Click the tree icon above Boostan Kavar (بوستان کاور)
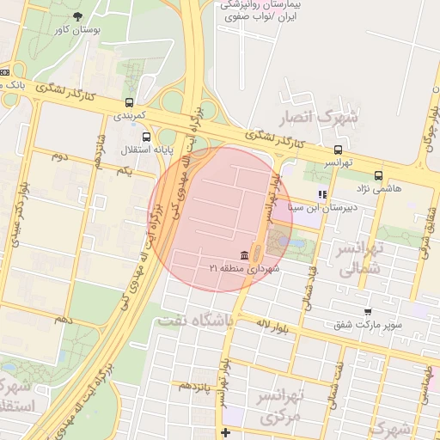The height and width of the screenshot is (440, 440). (78, 15)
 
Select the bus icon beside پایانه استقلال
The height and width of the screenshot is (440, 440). (146, 137)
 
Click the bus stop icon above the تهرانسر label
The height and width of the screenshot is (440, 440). (338, 150)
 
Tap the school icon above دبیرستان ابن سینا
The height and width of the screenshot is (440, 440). (323, 194)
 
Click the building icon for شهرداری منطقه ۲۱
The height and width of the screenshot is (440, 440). (246, 256)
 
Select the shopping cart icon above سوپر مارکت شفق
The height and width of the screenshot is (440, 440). (368, 312)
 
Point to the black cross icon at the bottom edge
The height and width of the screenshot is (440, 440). (225, 432)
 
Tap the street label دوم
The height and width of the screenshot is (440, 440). (59, 156)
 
